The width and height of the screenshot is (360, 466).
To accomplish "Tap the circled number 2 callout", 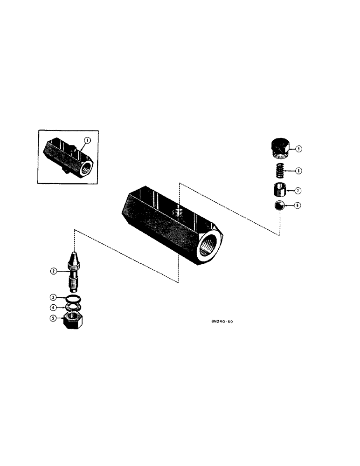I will pyautogui.click(x=54, y=271).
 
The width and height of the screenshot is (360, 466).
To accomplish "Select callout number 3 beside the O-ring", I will pyautogui.click(x=54, y=297).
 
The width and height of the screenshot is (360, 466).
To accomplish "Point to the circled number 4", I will pyautogui.click(x=54, y=307).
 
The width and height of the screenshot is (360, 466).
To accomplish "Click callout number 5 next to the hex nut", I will pyautogui.click(x=54, y=319).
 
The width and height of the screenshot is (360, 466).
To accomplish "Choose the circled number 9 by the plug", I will pyautogui.click(x=299, y=149).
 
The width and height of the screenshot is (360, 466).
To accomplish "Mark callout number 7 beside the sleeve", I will pyautogui.click(x=299, y=191).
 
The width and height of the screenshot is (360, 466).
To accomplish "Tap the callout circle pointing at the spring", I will pyautogui.click(x=299, y=171).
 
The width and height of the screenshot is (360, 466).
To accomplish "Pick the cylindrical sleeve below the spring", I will pyautogui.click(x=280, y=191).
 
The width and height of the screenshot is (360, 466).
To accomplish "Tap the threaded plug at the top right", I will pyautogui.click(x=280, y=147).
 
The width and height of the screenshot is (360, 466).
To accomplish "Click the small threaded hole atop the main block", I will pyautogui.click(x=178, y=212).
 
